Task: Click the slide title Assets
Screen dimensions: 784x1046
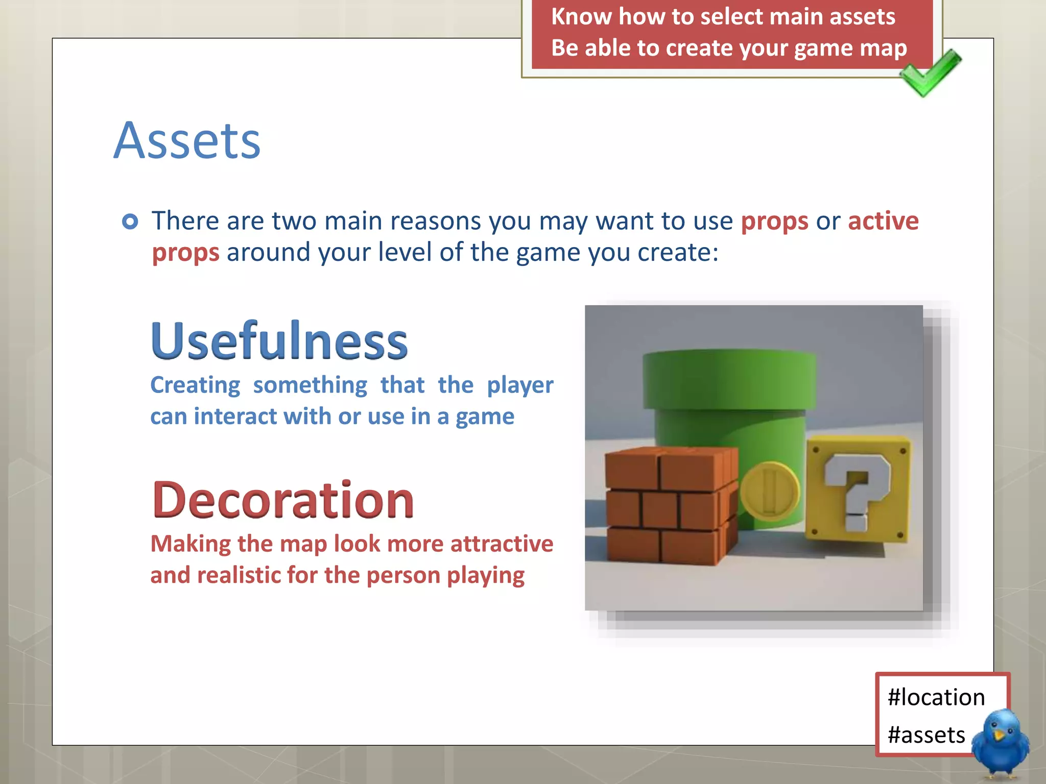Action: point(187,141)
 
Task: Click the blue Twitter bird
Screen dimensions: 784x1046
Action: point(1000,743)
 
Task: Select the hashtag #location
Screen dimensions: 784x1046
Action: point(936,697)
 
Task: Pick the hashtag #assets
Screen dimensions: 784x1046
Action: point(926,735)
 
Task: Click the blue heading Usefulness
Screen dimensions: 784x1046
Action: point(279,340)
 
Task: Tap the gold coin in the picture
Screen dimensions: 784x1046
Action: point(769,491)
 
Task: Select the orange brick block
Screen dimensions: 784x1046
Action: point(670,505)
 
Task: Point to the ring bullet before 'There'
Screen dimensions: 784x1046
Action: point(130,222)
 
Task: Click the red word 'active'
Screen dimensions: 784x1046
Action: point(883,221)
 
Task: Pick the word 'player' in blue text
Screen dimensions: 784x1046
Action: point(519,385)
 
